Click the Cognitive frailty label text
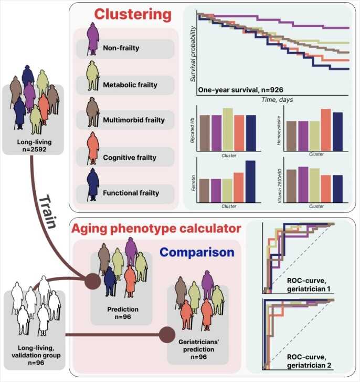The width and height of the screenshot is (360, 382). tap(130, 157)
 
